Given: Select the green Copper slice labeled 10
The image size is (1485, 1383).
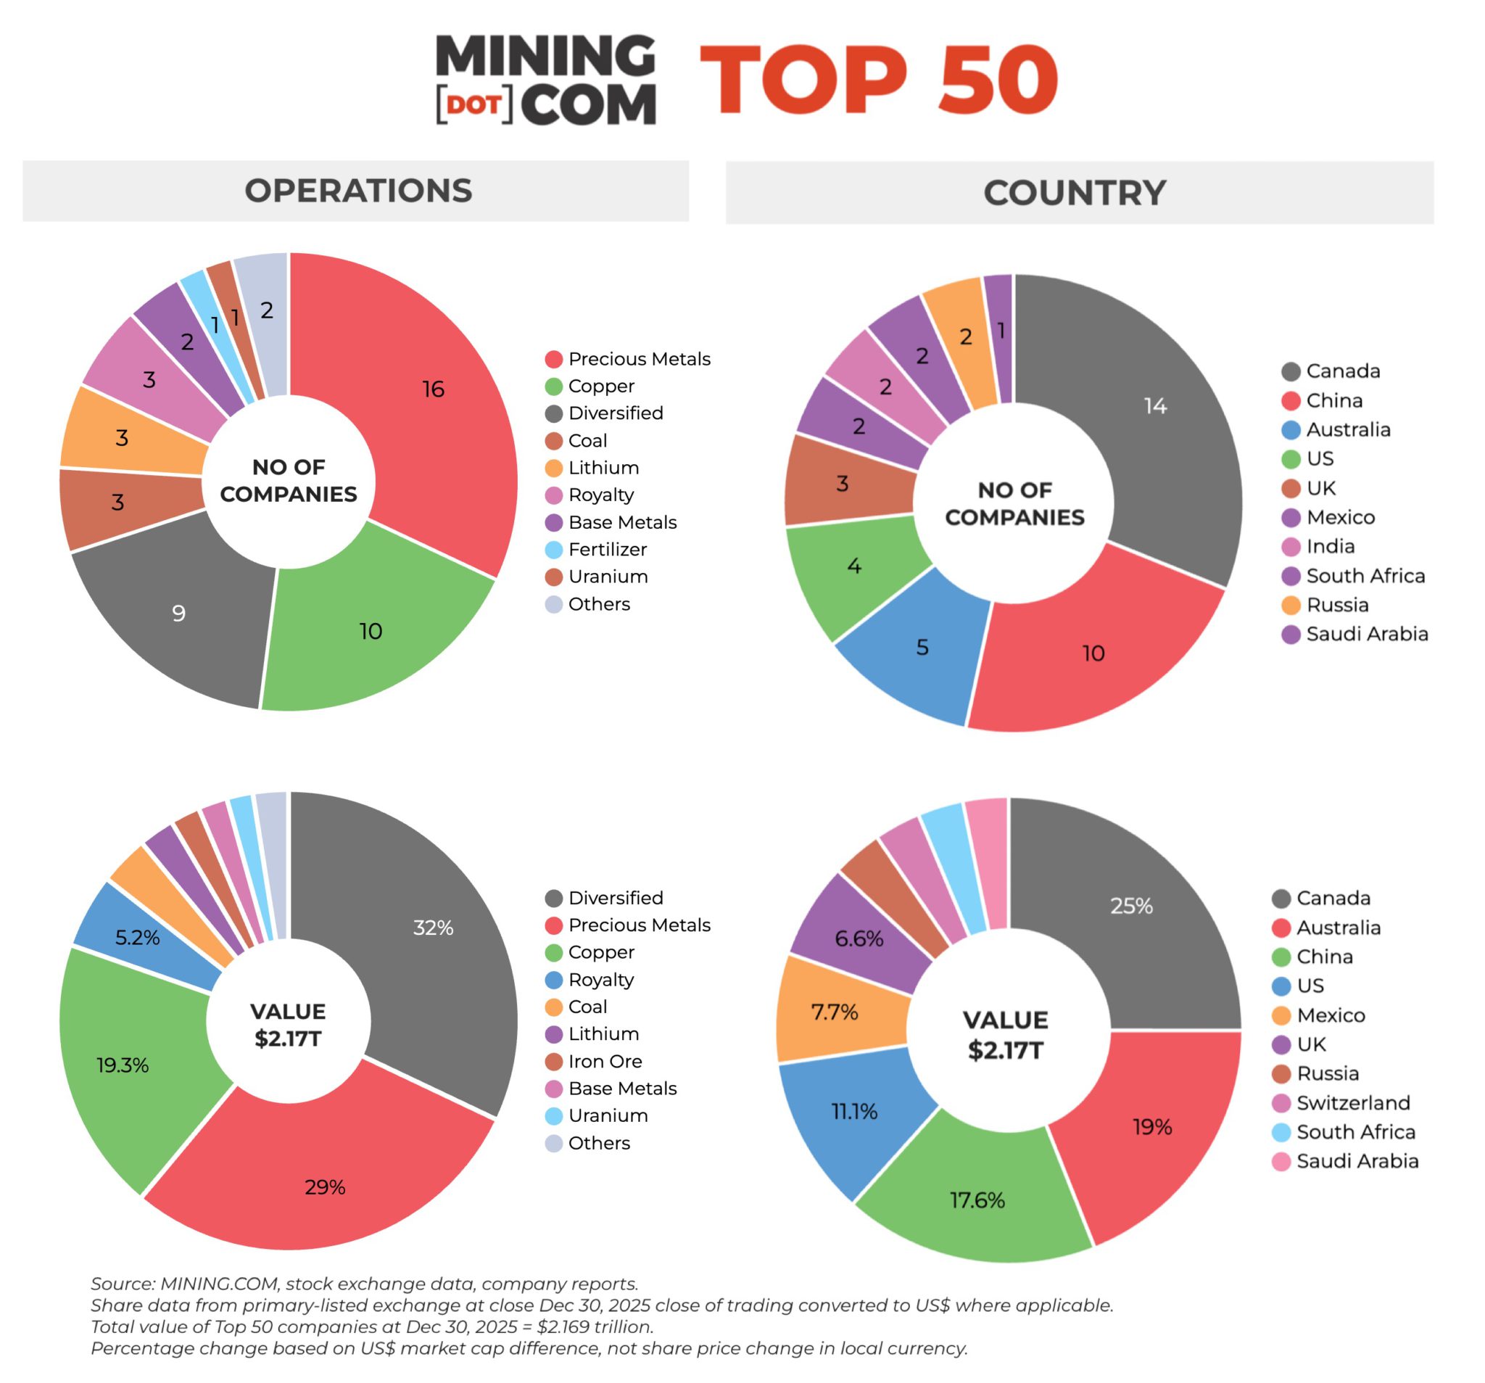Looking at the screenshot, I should pos(371,632).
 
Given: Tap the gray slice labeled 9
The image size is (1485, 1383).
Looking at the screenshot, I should pos(179,613).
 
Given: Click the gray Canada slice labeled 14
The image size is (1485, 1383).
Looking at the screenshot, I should pos(1154,405).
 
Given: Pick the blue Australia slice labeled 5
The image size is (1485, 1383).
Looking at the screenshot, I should pos(922,647).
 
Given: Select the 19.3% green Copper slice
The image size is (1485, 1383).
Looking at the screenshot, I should pos(123,1065).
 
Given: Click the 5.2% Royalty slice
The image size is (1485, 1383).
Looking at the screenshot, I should pos(137,937).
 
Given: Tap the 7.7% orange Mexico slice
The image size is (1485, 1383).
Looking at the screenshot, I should pos(835,1012).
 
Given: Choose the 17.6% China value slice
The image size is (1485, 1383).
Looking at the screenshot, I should pos(976,1200).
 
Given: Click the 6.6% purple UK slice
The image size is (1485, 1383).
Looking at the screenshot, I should pos(859,938).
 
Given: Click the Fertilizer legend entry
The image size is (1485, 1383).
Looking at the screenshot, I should pos(607,549).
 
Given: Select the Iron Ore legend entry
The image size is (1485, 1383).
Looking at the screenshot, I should pos(604,1061).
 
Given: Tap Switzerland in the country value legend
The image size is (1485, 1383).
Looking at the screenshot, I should pos(1352,1103).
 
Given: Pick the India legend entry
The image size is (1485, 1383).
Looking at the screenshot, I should pos(1330,546).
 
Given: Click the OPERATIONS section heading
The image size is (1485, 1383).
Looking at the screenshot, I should pos(358,191).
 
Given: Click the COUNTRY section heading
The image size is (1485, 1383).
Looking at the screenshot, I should pos(1074,193).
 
